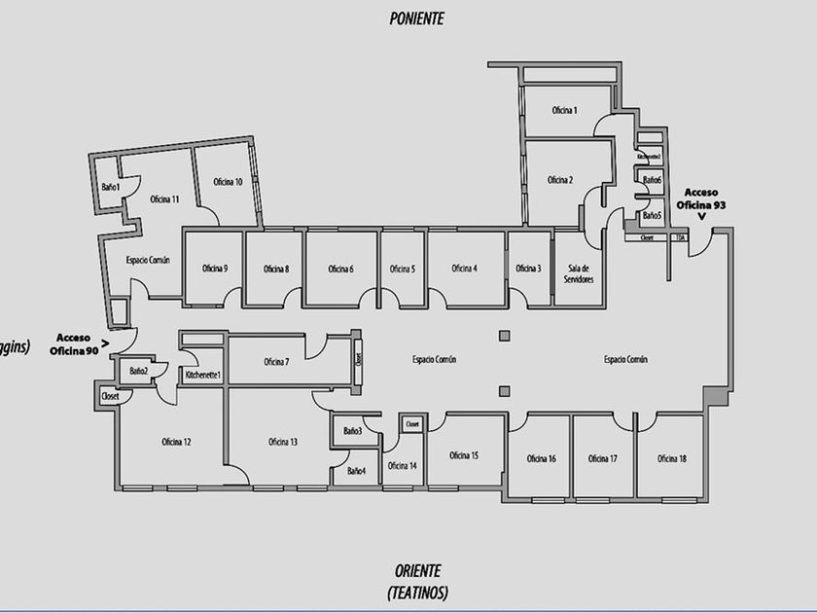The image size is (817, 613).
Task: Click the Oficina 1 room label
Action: pos(565,111)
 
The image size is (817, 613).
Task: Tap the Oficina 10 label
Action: pos(228,182)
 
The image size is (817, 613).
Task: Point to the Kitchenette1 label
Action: pos(203,375)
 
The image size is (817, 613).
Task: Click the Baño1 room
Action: pos(110,187)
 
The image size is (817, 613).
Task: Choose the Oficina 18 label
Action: pos(672,458)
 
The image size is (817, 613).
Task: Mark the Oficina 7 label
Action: pos(276,362)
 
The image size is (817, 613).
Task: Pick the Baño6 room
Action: pos(651,180)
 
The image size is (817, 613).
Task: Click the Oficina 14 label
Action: pos(402,465)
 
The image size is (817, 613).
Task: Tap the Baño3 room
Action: pos(352,431)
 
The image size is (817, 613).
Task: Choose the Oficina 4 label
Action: pos(464,269)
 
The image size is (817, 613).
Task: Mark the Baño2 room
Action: pos(138,371)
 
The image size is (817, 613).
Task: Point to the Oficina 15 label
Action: pos(464,455)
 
